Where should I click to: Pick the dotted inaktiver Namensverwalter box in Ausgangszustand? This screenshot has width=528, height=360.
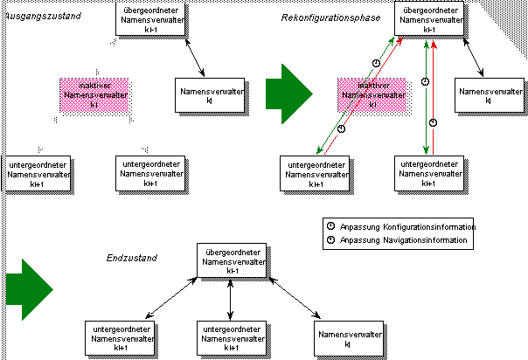tap(95, 93)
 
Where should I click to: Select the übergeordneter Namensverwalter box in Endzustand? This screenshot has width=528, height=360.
tap(230, 260)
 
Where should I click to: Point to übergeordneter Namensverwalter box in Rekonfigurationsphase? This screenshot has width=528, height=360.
tap(429, 17)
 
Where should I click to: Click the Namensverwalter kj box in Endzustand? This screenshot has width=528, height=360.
tap(348, 338)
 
